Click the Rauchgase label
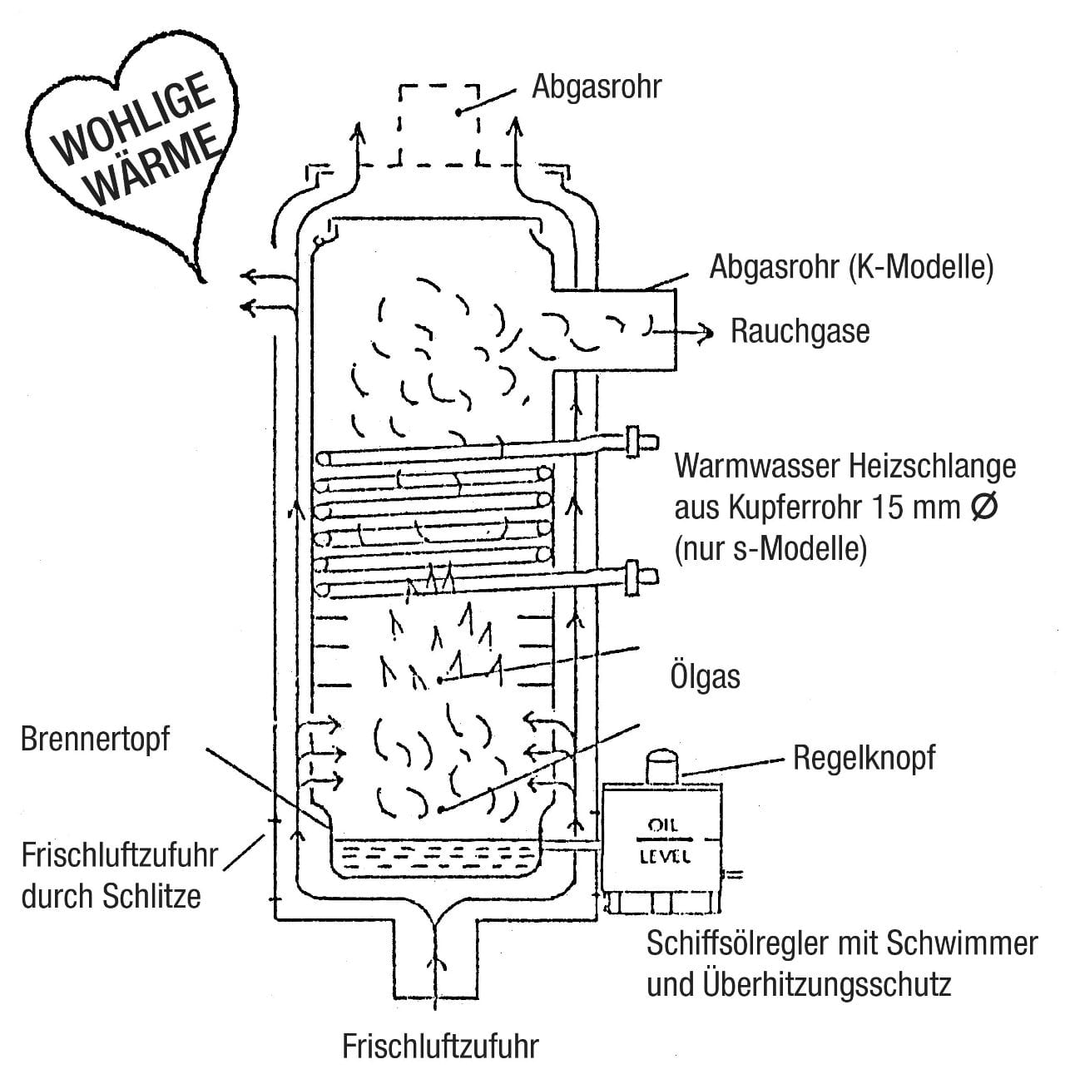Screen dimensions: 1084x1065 coord(800,331)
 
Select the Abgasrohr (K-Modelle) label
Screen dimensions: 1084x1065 coord(850,268)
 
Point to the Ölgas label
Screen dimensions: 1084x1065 coord(705,676)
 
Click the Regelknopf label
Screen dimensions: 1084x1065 coord(864,758)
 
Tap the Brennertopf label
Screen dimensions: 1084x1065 coord(95,740)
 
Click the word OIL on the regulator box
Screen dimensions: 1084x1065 coord(662,826)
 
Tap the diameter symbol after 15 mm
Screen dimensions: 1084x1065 coord(983,507)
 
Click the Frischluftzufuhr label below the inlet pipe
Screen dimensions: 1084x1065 coord(440,1046)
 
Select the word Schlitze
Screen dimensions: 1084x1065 coord(153,897)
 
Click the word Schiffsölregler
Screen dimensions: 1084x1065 coord(750,943)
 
